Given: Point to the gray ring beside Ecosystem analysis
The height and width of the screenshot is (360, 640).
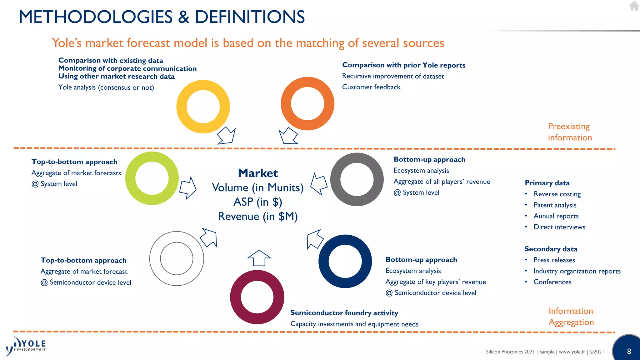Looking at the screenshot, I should tap(357, 158).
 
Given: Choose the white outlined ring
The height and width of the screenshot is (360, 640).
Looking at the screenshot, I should tap(177, 237).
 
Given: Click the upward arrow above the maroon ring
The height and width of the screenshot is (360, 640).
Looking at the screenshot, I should tap(259, 258).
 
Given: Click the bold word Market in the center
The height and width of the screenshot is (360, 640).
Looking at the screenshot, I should tap(258, 173).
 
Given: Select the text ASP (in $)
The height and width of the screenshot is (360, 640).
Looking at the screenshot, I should tap(258, 202).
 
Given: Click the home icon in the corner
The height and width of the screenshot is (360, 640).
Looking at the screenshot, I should tap(634, 6).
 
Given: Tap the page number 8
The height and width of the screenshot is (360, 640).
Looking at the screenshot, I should tap(629, 351).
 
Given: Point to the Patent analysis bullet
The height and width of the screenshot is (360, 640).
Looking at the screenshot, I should tap(555, 205).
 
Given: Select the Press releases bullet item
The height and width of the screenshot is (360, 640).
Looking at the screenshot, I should tap(554, 260).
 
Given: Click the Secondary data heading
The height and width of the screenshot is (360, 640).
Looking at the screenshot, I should tap(551, 249).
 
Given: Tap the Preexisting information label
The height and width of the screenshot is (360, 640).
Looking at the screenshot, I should tap(570, 132).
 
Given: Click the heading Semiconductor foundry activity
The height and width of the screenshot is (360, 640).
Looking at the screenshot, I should tap(344, 313).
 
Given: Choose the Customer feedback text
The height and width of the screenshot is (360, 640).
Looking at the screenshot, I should tap(371, 87).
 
